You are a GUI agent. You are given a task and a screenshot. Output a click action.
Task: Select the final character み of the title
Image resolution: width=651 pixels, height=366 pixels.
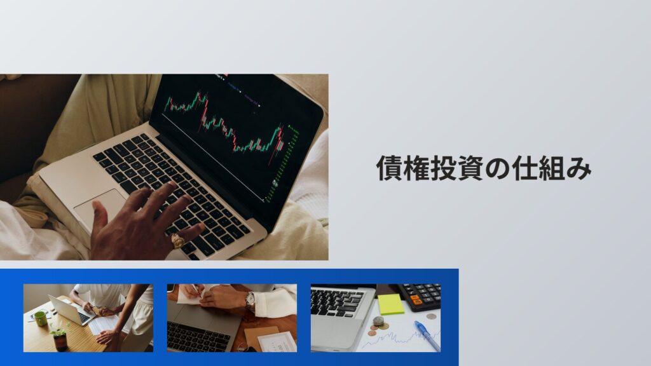coord(578,170)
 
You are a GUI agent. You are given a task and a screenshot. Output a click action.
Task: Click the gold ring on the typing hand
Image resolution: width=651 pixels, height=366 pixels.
coord(178,241)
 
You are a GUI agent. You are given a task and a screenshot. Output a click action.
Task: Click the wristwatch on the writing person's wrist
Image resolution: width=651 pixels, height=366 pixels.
coord(250,301)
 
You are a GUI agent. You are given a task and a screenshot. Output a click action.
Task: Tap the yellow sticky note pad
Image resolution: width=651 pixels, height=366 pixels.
coord(390,304)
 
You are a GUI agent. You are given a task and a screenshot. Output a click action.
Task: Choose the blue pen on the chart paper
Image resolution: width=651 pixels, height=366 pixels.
coord(427,335)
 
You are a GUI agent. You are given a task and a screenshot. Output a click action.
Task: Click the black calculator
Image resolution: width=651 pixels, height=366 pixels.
coord(420,295)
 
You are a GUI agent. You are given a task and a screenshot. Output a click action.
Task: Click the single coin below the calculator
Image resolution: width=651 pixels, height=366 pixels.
coord(432,316)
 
